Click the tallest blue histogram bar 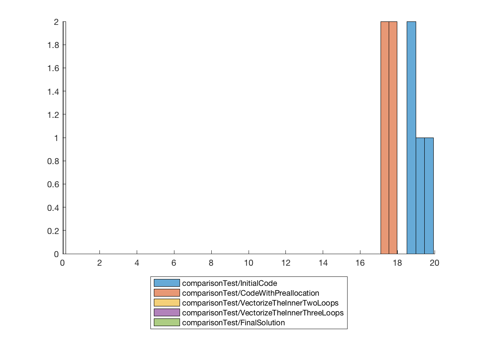[411, 137]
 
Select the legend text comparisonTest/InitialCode [229, 283]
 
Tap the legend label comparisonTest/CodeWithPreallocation [250, 293]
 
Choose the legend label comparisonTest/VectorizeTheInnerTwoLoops [260, 303]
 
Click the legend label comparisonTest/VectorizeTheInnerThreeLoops [262, 313]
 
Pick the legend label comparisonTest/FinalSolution [233, 323]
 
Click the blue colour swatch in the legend [167, 283]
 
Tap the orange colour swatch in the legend [167, 293]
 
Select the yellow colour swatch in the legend [167, 303]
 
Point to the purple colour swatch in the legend [167, 313]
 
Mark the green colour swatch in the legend [167, 323]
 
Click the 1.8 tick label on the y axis [54, 45]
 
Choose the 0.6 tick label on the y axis [54, 184]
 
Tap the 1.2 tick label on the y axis [54, 114]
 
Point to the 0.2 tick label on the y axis [54, 231]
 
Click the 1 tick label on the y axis [57, 138]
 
